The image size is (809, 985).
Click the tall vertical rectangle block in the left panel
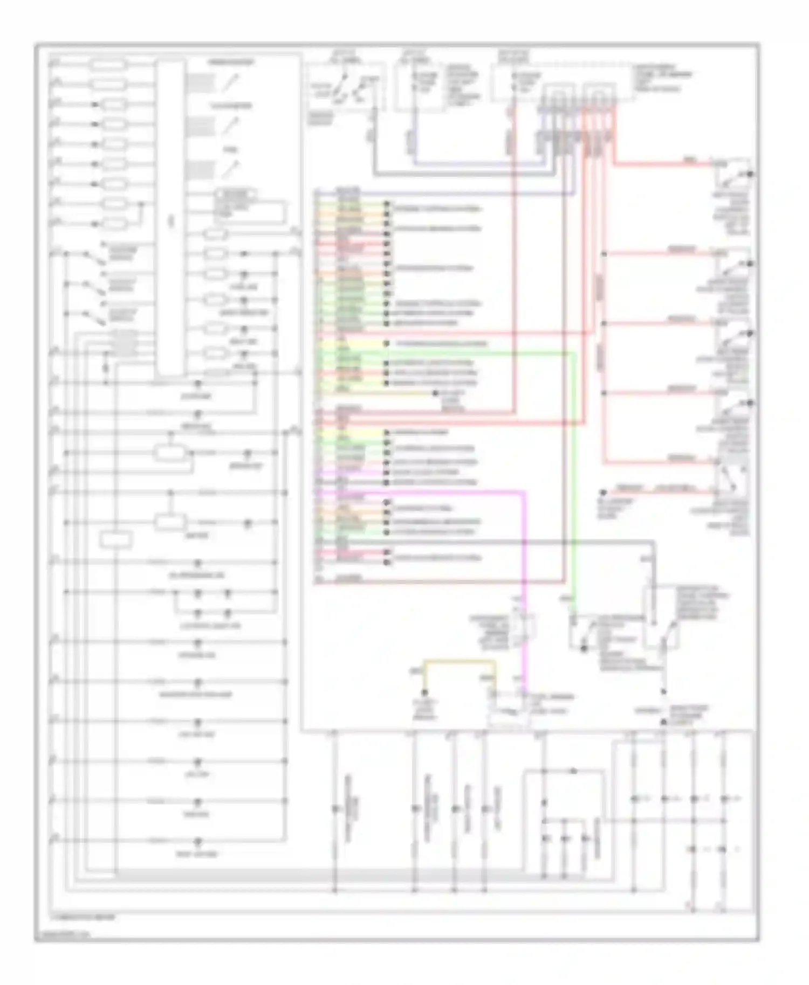tap(170, 218)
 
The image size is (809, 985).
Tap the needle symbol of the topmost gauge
tap(231, 81)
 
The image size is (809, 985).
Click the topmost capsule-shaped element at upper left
tap(109, 65)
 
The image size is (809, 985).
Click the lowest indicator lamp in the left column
tap(198, 841)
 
